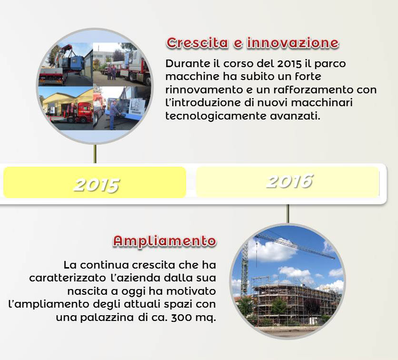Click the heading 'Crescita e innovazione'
point(252,43)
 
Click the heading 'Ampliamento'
point(165,240)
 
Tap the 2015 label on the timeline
point(97,185)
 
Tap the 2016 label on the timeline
point(290,181)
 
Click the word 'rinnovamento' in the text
point(204,90)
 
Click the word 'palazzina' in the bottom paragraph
point(107,317)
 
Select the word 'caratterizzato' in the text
point(68,278)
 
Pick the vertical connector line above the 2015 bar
point(95,154)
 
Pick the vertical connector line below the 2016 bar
point(288,214)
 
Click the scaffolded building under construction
point(296,300)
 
